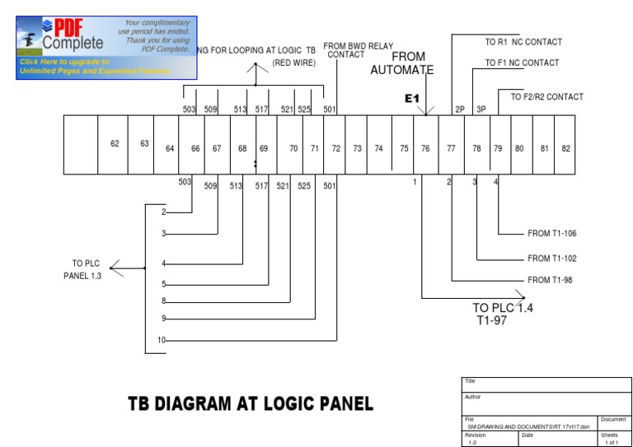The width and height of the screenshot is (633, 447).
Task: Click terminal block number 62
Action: click(115, 144)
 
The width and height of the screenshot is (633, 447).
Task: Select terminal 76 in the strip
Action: click(425, 149)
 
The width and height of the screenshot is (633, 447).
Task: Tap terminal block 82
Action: click(565, 149)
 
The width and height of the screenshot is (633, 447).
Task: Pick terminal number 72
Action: click(335, 149)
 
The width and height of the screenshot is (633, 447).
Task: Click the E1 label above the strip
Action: click(412, 99)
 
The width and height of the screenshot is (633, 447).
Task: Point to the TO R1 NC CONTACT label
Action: click(523, 42)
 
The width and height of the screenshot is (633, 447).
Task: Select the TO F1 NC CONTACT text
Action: click(522, 63)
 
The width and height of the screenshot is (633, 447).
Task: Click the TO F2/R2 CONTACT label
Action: click(546, 97)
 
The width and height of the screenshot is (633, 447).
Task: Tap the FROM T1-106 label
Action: click(551, 234)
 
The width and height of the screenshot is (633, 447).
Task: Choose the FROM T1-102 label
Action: click(551, 258)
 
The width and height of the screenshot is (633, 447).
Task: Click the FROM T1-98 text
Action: click(550, 281)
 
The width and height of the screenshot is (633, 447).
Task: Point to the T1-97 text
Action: click(492, 320)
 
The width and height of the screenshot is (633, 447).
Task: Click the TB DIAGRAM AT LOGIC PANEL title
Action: click(250, 403)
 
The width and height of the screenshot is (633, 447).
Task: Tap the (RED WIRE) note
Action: click(293, 63)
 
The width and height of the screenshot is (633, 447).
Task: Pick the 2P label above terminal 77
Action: click(460, 109)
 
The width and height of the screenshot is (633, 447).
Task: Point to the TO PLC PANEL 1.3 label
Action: click(82, 269)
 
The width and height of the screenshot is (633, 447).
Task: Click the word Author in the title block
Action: click(475, 397)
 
